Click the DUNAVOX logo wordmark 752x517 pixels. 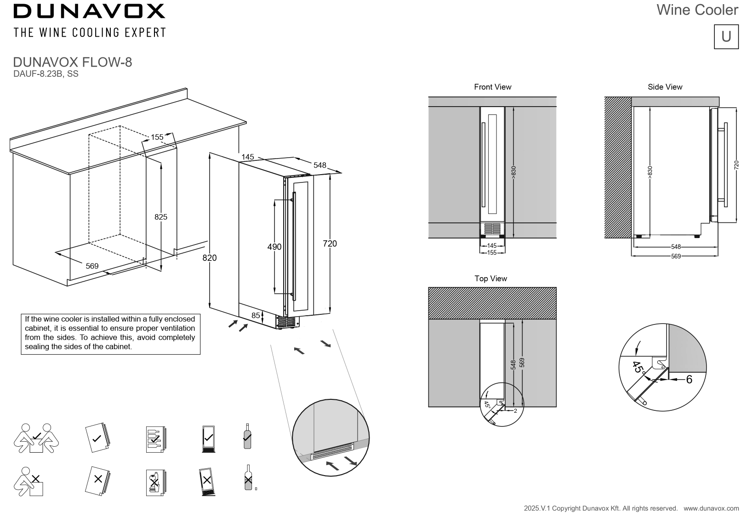[x=89, y=11]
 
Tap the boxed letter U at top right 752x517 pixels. [x=726, y=37]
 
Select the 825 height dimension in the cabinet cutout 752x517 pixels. [x=161, y=217]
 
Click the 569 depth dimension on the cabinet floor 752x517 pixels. [x=92, y=266]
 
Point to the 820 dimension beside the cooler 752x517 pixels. [x=210, y=258]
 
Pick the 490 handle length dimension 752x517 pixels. [x=274, y=247]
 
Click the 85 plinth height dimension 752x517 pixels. [x=256, y=316]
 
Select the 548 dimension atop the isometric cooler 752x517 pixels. [x=319, y=165]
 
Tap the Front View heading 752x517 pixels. [x=492, y=87]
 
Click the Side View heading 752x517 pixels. [x=665, y=87]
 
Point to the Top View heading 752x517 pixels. [x=490, y=278]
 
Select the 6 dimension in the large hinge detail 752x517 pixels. [x=689, y=380]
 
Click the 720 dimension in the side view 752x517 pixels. [x=736, y=165]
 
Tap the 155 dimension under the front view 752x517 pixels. [x=492, y=253]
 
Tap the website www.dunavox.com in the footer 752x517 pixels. [x=711, y=508]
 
